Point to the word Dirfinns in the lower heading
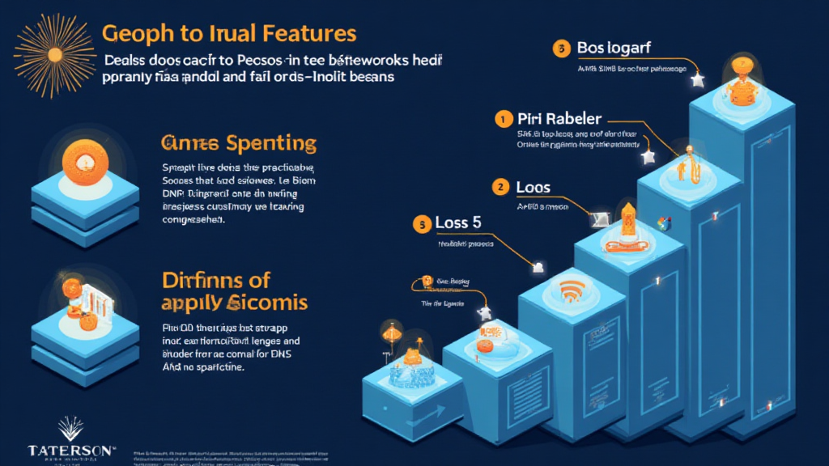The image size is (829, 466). click(x=202, y=281)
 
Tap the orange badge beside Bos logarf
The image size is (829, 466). click(x=560, y=49)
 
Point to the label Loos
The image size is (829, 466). click(x=533, y=188)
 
